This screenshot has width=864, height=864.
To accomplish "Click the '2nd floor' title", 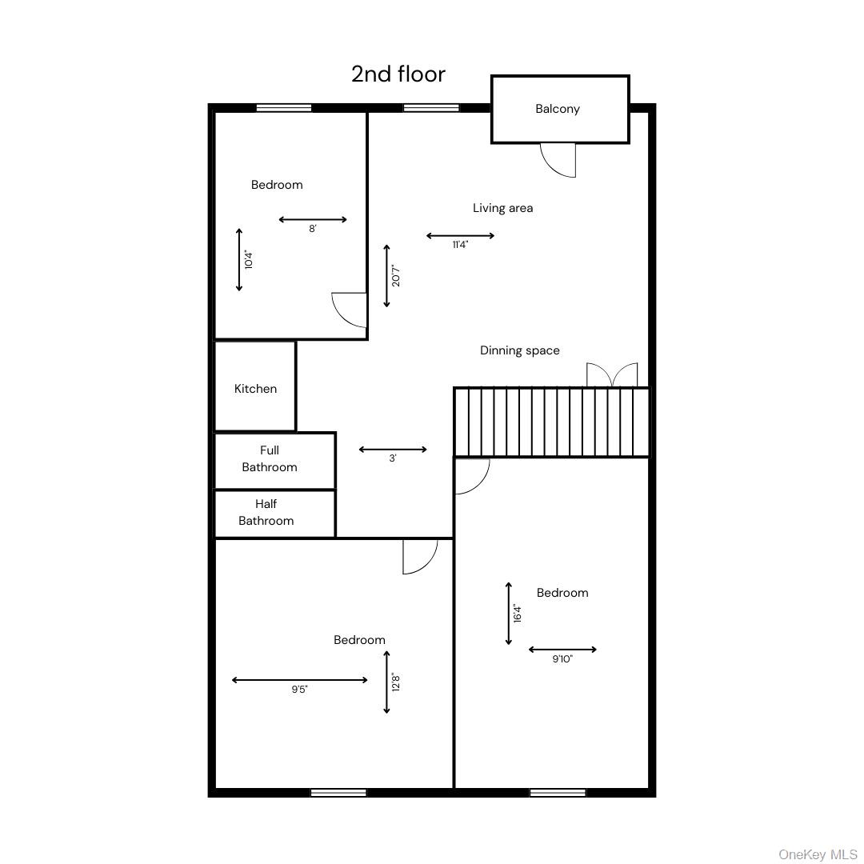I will coord(398,74).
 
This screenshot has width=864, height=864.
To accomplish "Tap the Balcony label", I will coord(558,109).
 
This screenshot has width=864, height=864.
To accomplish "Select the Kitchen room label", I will coord(255,389).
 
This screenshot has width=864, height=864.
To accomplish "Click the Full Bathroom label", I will coord(270,459).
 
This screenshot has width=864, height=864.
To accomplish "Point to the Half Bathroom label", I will coord(266,513).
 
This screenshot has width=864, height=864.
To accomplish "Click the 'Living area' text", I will coord(502,208).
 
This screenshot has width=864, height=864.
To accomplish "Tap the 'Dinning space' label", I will coord(519,350).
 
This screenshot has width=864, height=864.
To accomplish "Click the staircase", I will coord(551,422).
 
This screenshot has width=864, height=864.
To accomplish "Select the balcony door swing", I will coord(558,159).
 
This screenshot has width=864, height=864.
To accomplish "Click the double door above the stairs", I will coord(612,375).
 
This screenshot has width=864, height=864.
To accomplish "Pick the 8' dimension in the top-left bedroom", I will coord(313,229).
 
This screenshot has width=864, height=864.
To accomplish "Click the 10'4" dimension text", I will coord(249,260).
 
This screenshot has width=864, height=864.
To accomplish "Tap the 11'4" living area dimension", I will coord(460,246).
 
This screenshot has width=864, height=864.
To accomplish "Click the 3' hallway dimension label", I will coord(393,459).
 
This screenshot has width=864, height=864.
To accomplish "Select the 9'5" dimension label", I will coord(299,690).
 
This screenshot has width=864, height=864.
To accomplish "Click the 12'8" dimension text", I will coord(396,682).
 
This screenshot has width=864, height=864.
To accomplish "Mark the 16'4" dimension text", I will coord(518,614).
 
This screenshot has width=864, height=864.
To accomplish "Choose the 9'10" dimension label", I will coord(562,659).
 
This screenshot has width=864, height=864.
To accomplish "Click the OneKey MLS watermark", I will coord(818,854).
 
